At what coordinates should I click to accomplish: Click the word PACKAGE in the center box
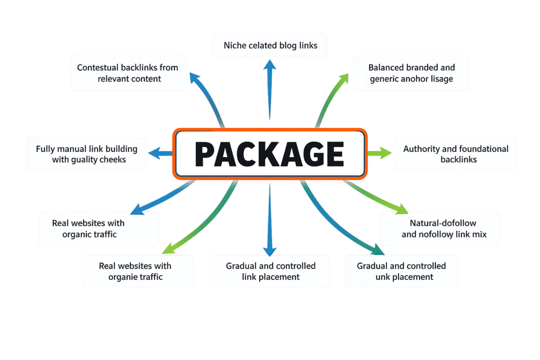tap(269, 153)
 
